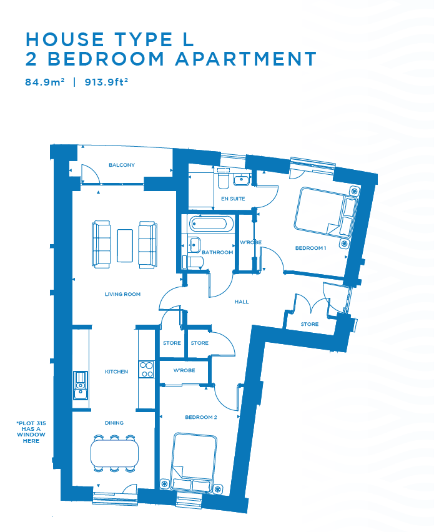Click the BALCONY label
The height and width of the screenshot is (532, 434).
pyautogui.click(x=122, y=165)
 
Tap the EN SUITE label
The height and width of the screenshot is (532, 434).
pyautogui.click(x=233, y=199)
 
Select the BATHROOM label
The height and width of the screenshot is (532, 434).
pyautogui.click(x=217, y=252)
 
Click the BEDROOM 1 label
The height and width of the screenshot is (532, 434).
pyautogui.click(x=310, y=248)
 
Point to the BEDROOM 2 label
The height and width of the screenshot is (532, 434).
pyautogui.click(x=201, y=417)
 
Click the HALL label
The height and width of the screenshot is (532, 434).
pyautogui.click(x=242, y=302)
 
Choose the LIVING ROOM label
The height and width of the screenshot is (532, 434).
pyautogui.click(x=122, y=294)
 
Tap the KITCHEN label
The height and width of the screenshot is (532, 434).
pyautogui.click(x=116, y=372)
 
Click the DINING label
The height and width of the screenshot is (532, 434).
pyautogui.click(x=114, y=423)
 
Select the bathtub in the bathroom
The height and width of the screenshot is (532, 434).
pyautogui.click(x=208, y=224)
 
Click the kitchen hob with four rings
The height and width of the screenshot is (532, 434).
pyautogui.click(x=146, y=370)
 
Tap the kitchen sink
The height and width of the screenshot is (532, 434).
pyautogui.click(x=81, y=385)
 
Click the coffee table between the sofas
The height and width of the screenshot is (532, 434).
pyautogui.click(x=125, y=245)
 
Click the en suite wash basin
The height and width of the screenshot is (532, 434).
pyautogui.click(x=242, y=179)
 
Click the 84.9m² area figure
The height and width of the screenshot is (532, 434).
pyautogui.click(x=45, y=82)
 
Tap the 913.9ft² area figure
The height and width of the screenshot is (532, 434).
pyautogui.click(x=106, y=82)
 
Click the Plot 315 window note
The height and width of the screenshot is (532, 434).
pyautogui.click(x=31, y=432)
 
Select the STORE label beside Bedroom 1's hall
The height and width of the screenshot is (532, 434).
pyautogui.click(x=310, y=324)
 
